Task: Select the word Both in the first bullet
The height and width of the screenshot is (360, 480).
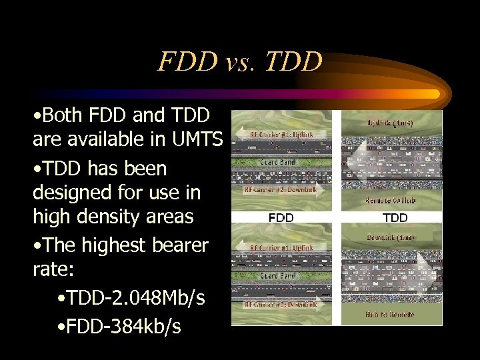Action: tap(65, 116)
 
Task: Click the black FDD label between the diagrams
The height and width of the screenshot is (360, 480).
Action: tap(281, 217)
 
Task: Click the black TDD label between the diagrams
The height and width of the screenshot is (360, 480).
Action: tap(395, 217)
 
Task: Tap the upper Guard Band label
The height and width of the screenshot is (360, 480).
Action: tap(279, 162)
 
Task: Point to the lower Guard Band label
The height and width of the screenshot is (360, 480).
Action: tap(279, 275)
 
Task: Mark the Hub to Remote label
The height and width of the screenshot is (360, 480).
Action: tap(391, 313)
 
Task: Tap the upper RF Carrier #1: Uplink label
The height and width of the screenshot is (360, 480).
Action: tap(281, 135)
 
